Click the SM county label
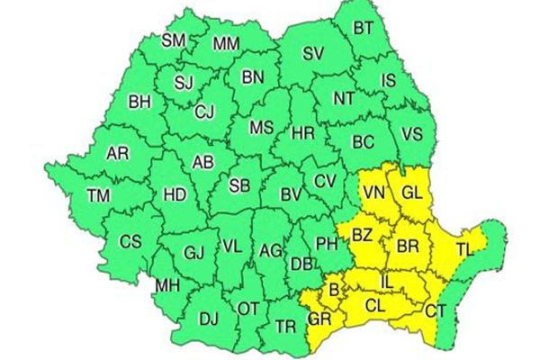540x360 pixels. pos(173,40)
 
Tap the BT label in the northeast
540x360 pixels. pos(364,29)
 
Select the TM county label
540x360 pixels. pos(97,195)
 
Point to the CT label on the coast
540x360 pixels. pos(435,310)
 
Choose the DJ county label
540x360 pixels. pos(209,318)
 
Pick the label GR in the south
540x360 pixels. pos(319,319)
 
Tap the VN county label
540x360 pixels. pos(376,192)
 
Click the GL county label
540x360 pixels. pos(411,192)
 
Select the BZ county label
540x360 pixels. pos(362,236)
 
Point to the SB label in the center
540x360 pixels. pos(238,186)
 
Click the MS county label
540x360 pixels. pos(261,128)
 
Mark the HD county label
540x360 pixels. pos(175,194)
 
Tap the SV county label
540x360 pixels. pos(312,55)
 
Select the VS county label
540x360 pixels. pos(411,134)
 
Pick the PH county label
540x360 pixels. pos(324,241)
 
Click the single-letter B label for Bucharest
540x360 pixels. pos(334,290)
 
